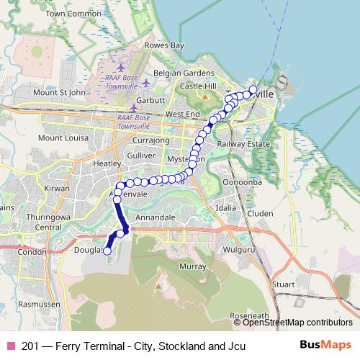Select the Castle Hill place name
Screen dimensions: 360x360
coord(198,86)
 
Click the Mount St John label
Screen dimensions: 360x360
coord(60,92)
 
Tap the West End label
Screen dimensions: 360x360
coord(182,114)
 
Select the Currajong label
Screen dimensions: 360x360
coord(151,140)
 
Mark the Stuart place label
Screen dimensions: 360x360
coord(283,284)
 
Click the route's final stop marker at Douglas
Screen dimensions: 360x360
coord(107,251)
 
